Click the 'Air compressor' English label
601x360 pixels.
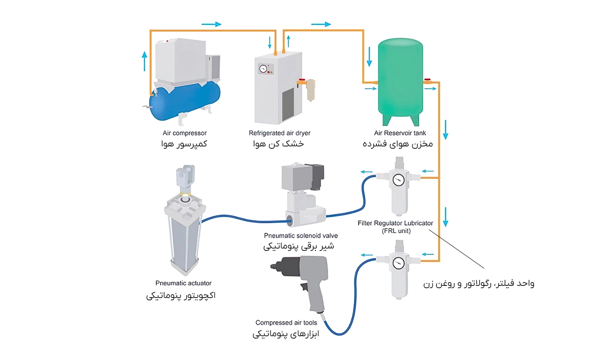click(185, 133)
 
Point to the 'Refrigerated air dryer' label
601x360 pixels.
click(280, 133)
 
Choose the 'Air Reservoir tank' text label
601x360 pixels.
click(400, 133)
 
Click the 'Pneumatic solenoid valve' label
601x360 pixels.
click(300, 236)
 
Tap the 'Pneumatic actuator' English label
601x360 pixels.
click(183, 283)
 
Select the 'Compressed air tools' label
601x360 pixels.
click(286, 323)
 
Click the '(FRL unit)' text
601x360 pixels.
click(395, 231)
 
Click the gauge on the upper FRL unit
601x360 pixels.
click(398, 180)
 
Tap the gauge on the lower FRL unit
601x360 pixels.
click(398, 263)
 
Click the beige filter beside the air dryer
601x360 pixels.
click(310, 91)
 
